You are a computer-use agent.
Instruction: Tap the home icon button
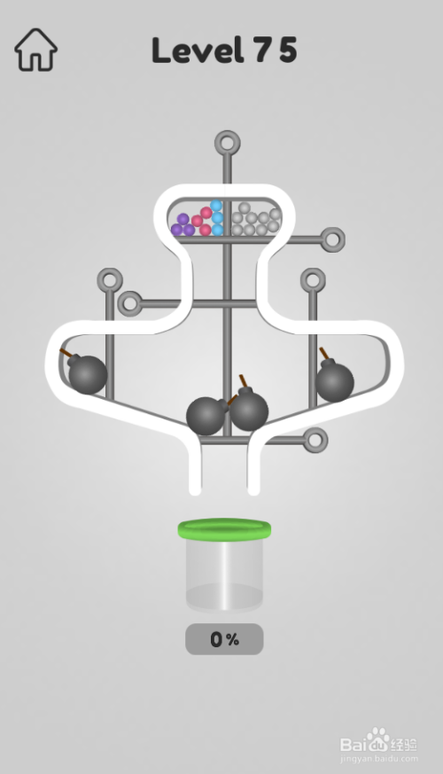click(x=35, y=50)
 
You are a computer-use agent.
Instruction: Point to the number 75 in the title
click(x=276, y=51)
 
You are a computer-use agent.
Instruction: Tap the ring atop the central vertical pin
click(x=228, y=142)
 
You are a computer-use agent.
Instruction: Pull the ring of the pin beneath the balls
click(x=332, y=238)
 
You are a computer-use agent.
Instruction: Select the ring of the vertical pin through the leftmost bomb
click(x=109, y=281)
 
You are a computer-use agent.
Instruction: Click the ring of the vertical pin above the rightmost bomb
click(x=313, y=280)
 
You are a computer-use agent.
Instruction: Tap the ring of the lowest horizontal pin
click(x=315, y=439)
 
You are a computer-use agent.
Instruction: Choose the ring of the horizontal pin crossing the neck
click(x=130, y=303)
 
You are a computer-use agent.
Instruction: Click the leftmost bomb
click(x=87, y=374)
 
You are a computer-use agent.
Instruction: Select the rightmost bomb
click(x=335, y=381)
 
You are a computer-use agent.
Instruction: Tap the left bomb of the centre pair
click(x=206, y=416)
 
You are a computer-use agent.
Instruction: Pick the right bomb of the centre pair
click(x=248, y=410)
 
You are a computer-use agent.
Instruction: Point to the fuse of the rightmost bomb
click(x=325, y=355)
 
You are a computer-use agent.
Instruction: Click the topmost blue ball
click(x=216, y=206)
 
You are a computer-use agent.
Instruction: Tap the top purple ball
click(x=183, y=219)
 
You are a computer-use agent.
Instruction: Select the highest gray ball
click(x=245, y=208)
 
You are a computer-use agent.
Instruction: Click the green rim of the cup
click(x=224, y=530)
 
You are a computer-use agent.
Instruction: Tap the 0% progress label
click(x=224, y=639)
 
